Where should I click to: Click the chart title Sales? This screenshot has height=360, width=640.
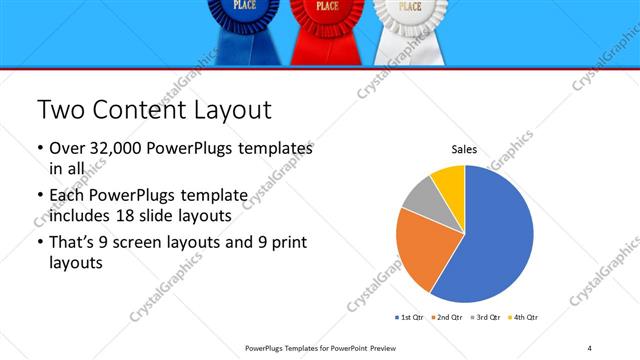coord(464,149)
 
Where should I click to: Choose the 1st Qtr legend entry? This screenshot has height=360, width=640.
coord(411,317)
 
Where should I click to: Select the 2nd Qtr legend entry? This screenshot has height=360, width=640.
coord(446,317)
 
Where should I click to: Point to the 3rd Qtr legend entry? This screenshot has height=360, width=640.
coord(486,317)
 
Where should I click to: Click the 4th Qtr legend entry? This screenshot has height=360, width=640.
coord(523,317)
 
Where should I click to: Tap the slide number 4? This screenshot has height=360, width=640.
coord(590,348)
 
